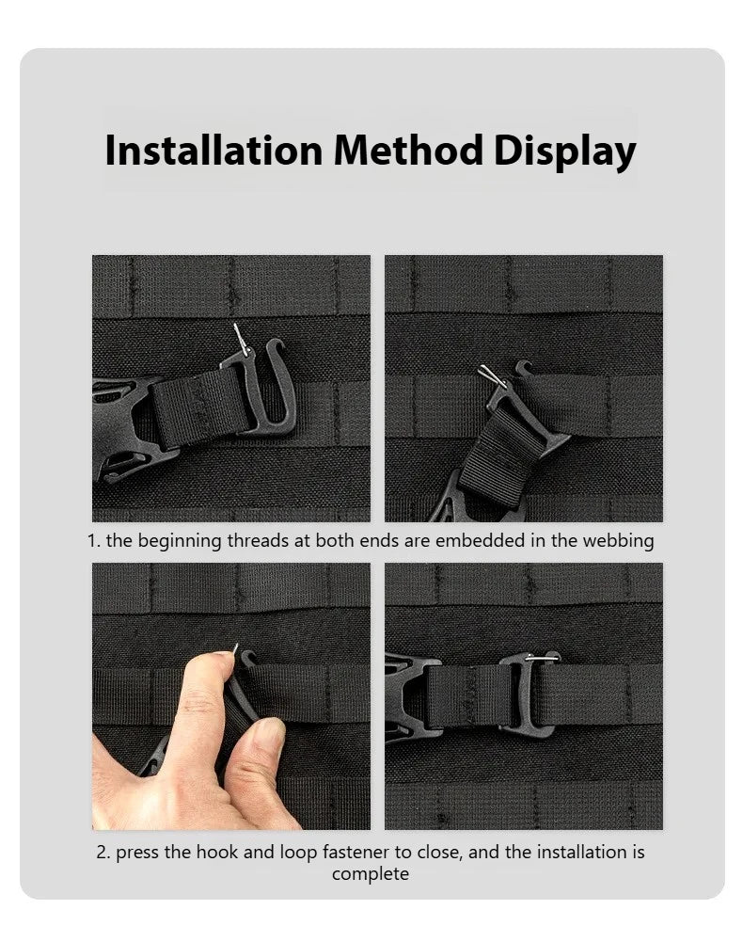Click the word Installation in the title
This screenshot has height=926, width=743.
tap(213, 150)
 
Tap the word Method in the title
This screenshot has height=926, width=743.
tap(408, 150)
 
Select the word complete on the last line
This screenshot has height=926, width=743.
tap(370, 874)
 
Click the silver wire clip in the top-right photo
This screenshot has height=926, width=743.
tap(492, 376)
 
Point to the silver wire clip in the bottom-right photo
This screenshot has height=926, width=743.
tap(542, 657)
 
